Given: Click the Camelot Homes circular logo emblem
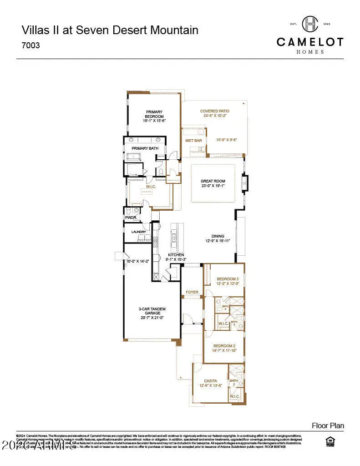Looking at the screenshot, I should click(310, 24).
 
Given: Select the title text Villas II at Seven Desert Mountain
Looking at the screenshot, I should click(110, 30).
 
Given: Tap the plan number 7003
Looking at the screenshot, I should click(30, 46).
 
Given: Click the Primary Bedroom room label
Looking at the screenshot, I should click(154, 114).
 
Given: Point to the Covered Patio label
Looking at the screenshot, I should click(215, 111).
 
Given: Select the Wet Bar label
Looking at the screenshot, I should click(193, 141).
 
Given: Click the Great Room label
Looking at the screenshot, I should click(213, 181).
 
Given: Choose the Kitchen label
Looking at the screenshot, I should click(176, 255).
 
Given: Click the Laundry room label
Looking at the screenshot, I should click(138, 232).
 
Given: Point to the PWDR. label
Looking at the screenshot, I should click(131, 218).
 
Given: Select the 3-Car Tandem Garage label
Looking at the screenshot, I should click(151, 311).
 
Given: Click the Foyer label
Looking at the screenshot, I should click(192, 292).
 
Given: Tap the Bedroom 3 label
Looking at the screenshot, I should click(227, 279).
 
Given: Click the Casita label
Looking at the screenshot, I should click(210, 380).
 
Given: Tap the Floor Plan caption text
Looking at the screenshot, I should click(328, 425).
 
